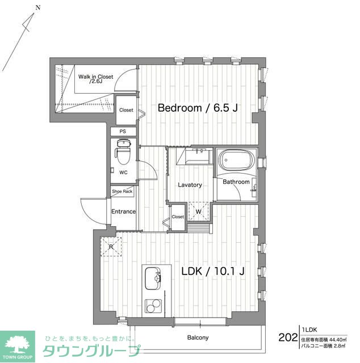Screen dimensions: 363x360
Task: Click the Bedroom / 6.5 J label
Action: click(x=197, y=108)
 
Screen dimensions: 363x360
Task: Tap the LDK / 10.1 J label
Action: click(x=212, y=271)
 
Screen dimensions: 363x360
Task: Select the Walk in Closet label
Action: click(x=95, y=79)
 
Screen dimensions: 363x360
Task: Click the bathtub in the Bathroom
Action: click(x=237, y=161)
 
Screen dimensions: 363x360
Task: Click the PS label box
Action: click(x=123, y=132)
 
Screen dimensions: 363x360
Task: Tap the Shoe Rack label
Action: click(x=123, y=192)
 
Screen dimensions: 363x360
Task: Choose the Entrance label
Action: click(x=123, y=212)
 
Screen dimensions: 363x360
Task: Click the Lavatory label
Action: click(x=189, y=185)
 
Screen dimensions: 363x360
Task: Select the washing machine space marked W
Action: click(x=198, y=212)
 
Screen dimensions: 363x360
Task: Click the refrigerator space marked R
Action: click(x=111, y=247)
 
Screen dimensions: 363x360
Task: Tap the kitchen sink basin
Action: click(x=153, y=278)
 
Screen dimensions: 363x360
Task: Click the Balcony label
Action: click(x=198, y=338)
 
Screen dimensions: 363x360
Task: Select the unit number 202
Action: click(x=288, y=337)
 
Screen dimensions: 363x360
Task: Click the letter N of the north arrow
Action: click(x=37, y=7)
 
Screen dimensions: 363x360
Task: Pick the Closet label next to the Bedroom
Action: click(x=126, y=110)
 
